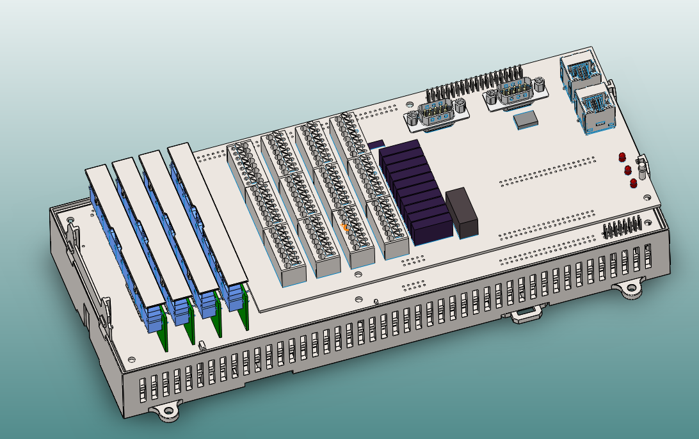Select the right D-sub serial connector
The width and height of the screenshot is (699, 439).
coord(515,92)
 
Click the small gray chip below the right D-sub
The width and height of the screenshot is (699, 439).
coord(527,118)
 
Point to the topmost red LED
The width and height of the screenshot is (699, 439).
coord(622,157)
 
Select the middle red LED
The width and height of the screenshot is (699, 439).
coord(627,170)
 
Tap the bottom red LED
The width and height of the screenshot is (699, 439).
coord(633,183)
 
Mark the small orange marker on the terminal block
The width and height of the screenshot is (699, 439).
coord(346,227)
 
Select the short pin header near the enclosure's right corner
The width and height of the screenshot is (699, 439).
coord(622,227)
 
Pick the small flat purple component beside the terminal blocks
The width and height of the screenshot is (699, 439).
coord(376,144)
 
